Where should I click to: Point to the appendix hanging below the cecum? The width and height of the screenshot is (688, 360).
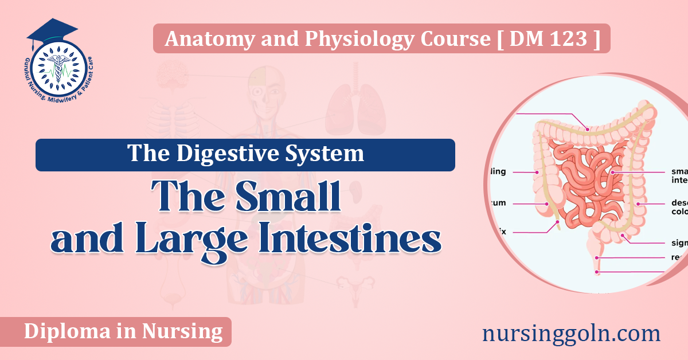pyautogui.click(x=556, y=223)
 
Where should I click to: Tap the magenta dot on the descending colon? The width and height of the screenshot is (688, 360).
pyautogui.click(x=637, y=203)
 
